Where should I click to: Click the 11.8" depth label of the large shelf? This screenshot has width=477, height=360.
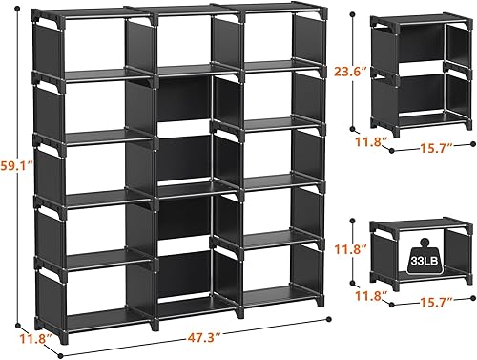coord(29,337)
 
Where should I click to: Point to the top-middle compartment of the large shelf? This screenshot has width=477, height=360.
coord(181,43)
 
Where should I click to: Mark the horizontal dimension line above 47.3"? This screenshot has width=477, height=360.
coord(191,324)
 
